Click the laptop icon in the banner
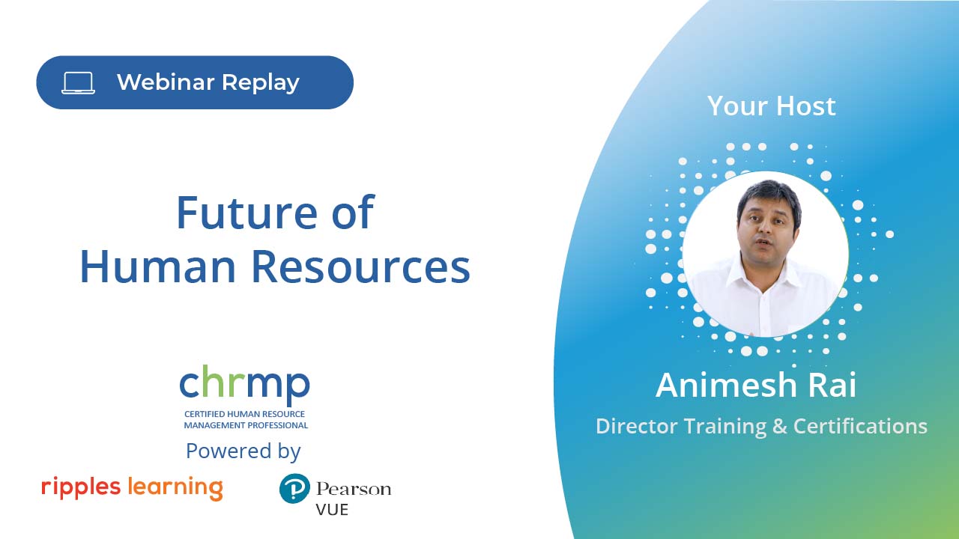click(x=79, y=82)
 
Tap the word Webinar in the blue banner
click(x=166, y=82)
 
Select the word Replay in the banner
click(x=261, y=83)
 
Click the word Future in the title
click(x=248, y=212)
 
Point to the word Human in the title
click(x=157, y=267)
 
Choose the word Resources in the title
click(x=360, y=267)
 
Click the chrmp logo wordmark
click(x=244, y=384)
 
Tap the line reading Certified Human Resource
click(x=244, y=414)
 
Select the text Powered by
click(x=243, y=451)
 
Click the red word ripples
click(x=81, y=487)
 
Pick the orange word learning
click(x=175, y=487)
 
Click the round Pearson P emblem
click(x=294, y=488)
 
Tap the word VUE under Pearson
click(x=332, y=510)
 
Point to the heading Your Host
click(x=772, y=106)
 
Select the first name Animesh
click(x=725, y=385)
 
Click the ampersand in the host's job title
click(x=780, y=426)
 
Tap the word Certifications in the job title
click(x=861, y=426)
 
